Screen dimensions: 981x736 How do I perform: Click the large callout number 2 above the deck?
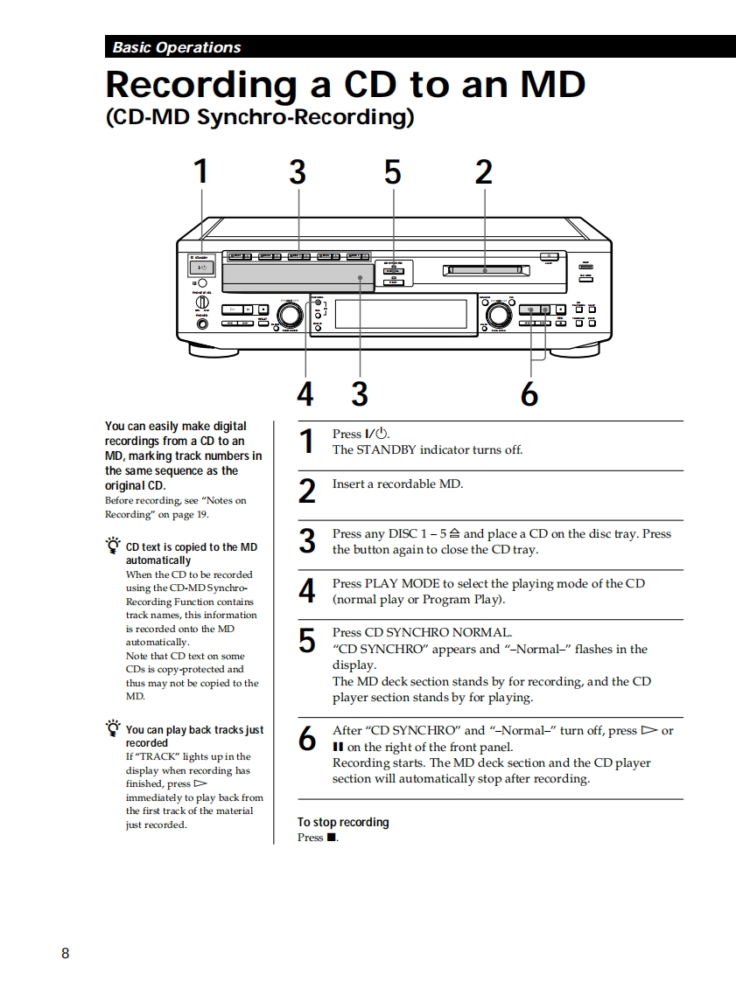tap(483, 172)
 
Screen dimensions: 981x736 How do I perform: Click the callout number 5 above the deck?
tap(392, 172)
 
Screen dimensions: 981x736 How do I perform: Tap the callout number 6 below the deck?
tap(529, 395)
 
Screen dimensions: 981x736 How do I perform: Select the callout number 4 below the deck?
tap(305, 395)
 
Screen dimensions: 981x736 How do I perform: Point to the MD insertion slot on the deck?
tap(484, 270)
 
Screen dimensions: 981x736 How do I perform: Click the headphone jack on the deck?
tap(202, 325)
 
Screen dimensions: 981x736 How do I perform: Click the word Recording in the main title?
tap(200, 85)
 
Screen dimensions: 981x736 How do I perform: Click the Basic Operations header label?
tap(176, 47)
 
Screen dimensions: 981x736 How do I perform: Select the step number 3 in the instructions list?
tap(306, 541)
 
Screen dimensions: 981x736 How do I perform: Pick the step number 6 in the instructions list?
tap(306, 739)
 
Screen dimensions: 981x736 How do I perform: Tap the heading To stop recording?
tap(343, 822)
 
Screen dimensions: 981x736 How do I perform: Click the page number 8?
tap(66, 953)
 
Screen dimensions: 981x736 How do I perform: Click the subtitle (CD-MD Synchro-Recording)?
tap(259, 117)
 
